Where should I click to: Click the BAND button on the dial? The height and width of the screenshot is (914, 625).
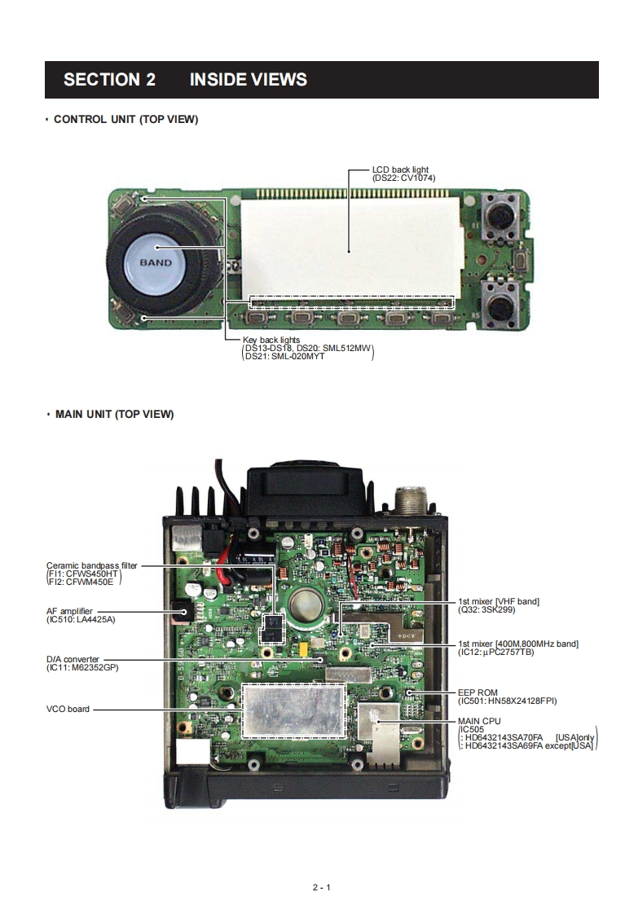click(x=156, y=262)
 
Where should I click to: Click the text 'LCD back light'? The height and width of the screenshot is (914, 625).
click(x=400, y=169)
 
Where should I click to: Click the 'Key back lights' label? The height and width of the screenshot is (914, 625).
click(x=271, y=340)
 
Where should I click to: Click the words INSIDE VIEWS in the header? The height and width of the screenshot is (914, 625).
click(x=248, y=80)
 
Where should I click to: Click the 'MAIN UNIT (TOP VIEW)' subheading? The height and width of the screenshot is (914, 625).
click(x=114, y=414)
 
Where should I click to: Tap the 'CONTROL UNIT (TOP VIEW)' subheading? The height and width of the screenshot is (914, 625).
click(x=125, y=120)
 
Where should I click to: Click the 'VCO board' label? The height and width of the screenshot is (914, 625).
click(x=68, y=709)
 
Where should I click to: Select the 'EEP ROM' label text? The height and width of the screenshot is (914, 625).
click(x=478, y=692)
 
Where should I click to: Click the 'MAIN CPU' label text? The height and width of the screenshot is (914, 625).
click(x=479, y=721)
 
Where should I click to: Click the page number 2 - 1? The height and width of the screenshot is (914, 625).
click(x=321, y=887)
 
